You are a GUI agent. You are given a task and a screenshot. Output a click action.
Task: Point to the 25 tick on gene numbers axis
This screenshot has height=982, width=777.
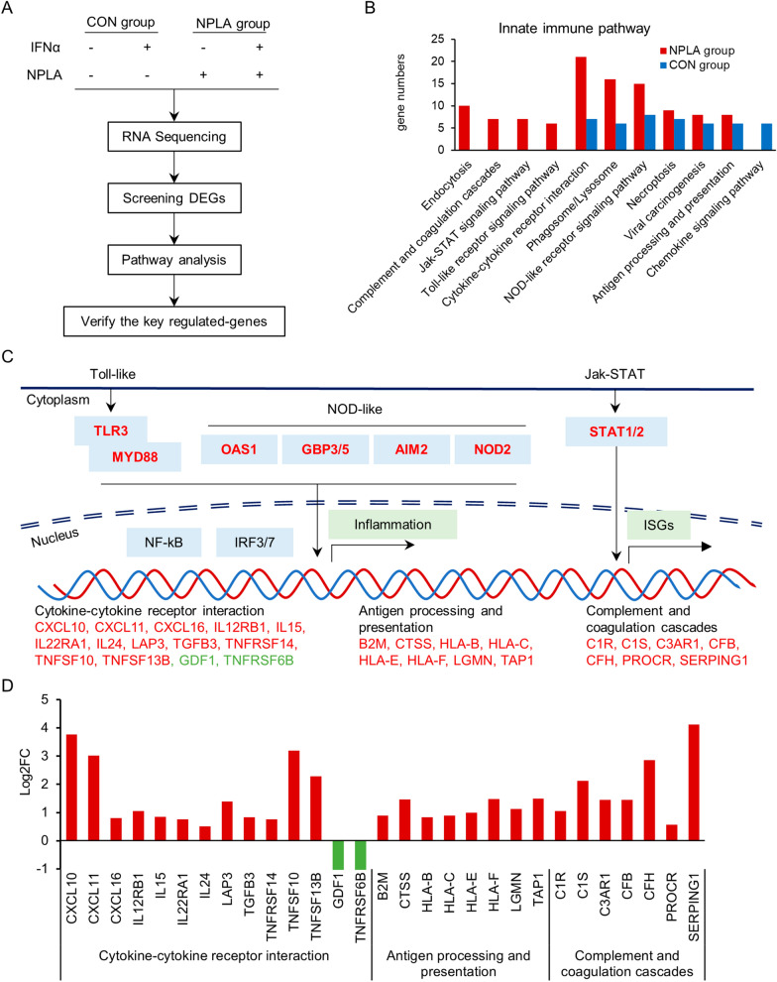point(381,40)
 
